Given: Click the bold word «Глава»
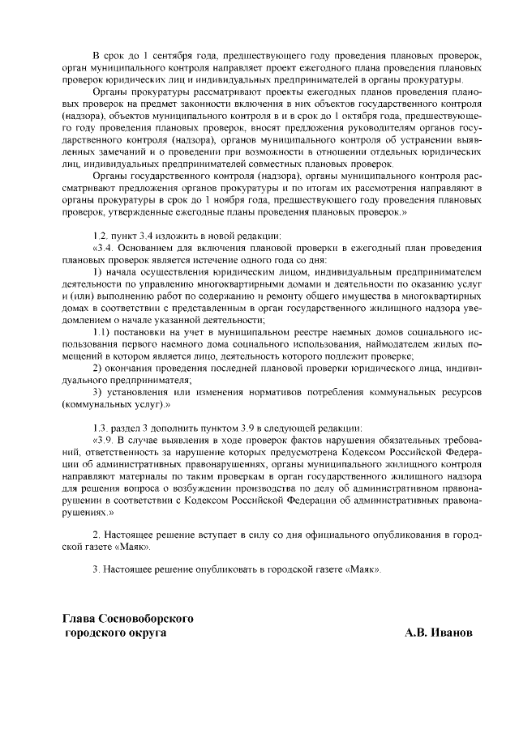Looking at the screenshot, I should pos(80,619).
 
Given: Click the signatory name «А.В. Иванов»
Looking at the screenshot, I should pos(438,633).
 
